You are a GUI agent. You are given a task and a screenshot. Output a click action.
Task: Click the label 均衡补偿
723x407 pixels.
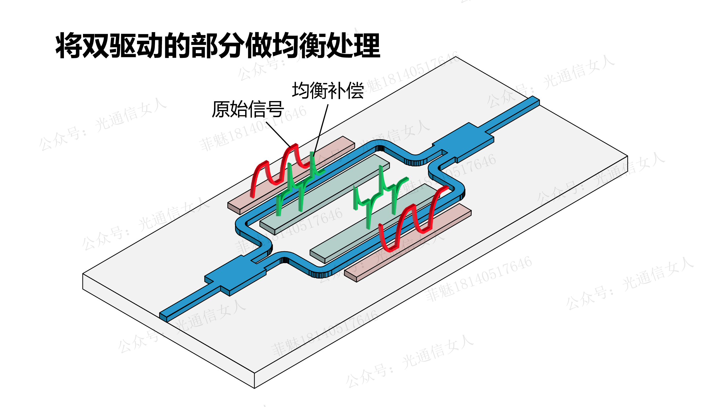click(x=328, y=91)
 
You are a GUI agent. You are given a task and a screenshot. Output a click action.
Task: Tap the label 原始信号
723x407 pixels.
click(x=248, y=109)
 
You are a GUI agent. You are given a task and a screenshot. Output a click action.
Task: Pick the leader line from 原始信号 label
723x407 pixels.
click(x=278, y=134)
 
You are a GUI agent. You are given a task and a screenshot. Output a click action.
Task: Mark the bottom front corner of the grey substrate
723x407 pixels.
click(x=254, y=388)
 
